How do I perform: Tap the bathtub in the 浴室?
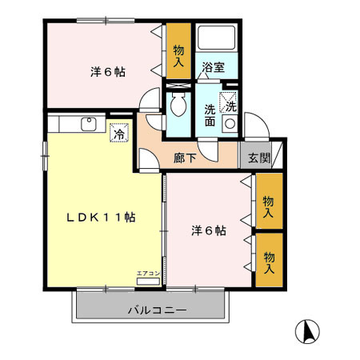(218, 39)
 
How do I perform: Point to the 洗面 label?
(210, 116)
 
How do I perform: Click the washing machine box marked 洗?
(230, 103)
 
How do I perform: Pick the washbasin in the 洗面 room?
(230, 123)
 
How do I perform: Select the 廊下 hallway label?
(185, 158)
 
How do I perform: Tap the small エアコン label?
(148, 274)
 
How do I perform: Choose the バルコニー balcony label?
(157, 309)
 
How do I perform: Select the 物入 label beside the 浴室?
(179, 54)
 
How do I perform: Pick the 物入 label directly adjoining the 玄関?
(269, 206)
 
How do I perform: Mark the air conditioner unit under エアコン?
(148, 282)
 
